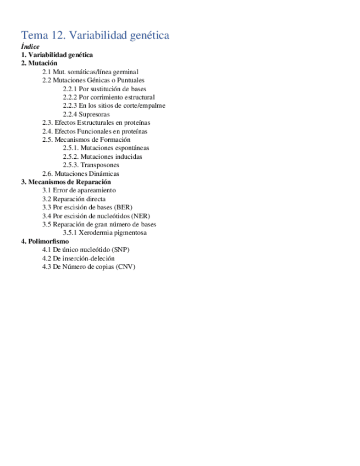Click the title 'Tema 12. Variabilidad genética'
(95, 36)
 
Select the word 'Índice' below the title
(30, 47)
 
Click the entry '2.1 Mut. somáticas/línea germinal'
(90, 72)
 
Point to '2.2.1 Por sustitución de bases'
(104, 89)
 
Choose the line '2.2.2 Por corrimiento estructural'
(109, 97)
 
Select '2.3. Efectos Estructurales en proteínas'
(96, 123)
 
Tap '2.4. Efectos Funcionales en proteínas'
(95, 131)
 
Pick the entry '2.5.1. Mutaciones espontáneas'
(106, 148)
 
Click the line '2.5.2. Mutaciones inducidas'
(102, 157)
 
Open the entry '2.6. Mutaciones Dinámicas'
(81, 174)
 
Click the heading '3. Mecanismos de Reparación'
(66, 182)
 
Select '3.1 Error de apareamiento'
(79, 190)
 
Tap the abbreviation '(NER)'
(140, 216)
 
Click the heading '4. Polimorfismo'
(45, 241)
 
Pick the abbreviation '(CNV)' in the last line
(125, 267)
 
